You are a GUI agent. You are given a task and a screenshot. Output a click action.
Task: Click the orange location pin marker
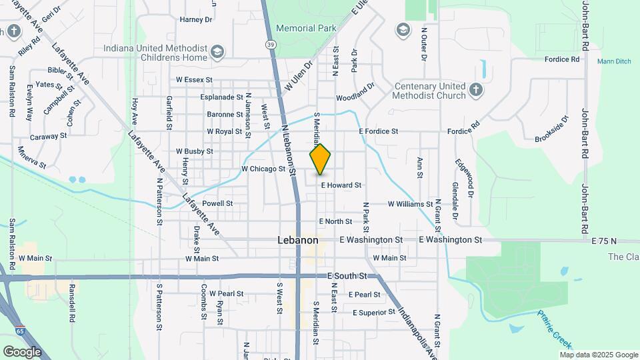(321, 159)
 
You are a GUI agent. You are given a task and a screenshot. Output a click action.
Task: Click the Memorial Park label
(307, 29)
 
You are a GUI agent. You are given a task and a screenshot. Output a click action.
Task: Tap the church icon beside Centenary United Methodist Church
(475, 91)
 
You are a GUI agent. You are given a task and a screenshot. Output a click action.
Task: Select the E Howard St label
(341, 185)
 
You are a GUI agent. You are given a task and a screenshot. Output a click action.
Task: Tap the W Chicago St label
(263, 169)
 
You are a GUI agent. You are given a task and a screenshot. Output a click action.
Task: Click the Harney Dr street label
(195, 19)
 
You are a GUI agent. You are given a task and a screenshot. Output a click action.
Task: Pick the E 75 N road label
(604, 240)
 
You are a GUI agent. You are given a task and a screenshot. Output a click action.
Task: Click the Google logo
(21, 351)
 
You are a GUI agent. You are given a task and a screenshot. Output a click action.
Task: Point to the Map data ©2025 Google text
(599, 355)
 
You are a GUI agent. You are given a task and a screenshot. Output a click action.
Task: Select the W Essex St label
(194, 79)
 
